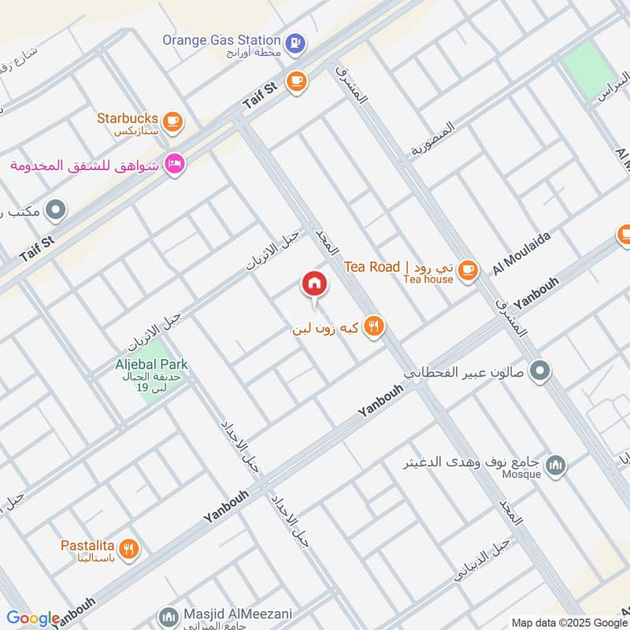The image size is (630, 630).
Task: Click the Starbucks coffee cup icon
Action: [174, 121]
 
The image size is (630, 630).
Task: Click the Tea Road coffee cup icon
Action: [468, 269]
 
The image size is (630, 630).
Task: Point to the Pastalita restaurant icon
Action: [131, 548]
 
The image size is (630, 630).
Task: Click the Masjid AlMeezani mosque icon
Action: [167, 615]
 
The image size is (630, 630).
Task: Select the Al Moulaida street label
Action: [521, 253]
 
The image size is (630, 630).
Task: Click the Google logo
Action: [32, 618]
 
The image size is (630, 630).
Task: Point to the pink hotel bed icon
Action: [175, 164]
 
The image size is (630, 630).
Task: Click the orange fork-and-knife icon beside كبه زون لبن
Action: [374, 326]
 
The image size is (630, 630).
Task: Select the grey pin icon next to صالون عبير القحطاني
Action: [539, 369]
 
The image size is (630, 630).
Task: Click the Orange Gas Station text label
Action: [221, 39]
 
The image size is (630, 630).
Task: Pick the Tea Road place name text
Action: [372, 267]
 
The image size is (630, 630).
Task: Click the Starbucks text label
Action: [128, 117]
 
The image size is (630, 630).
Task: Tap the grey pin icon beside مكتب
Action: [56, 210]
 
